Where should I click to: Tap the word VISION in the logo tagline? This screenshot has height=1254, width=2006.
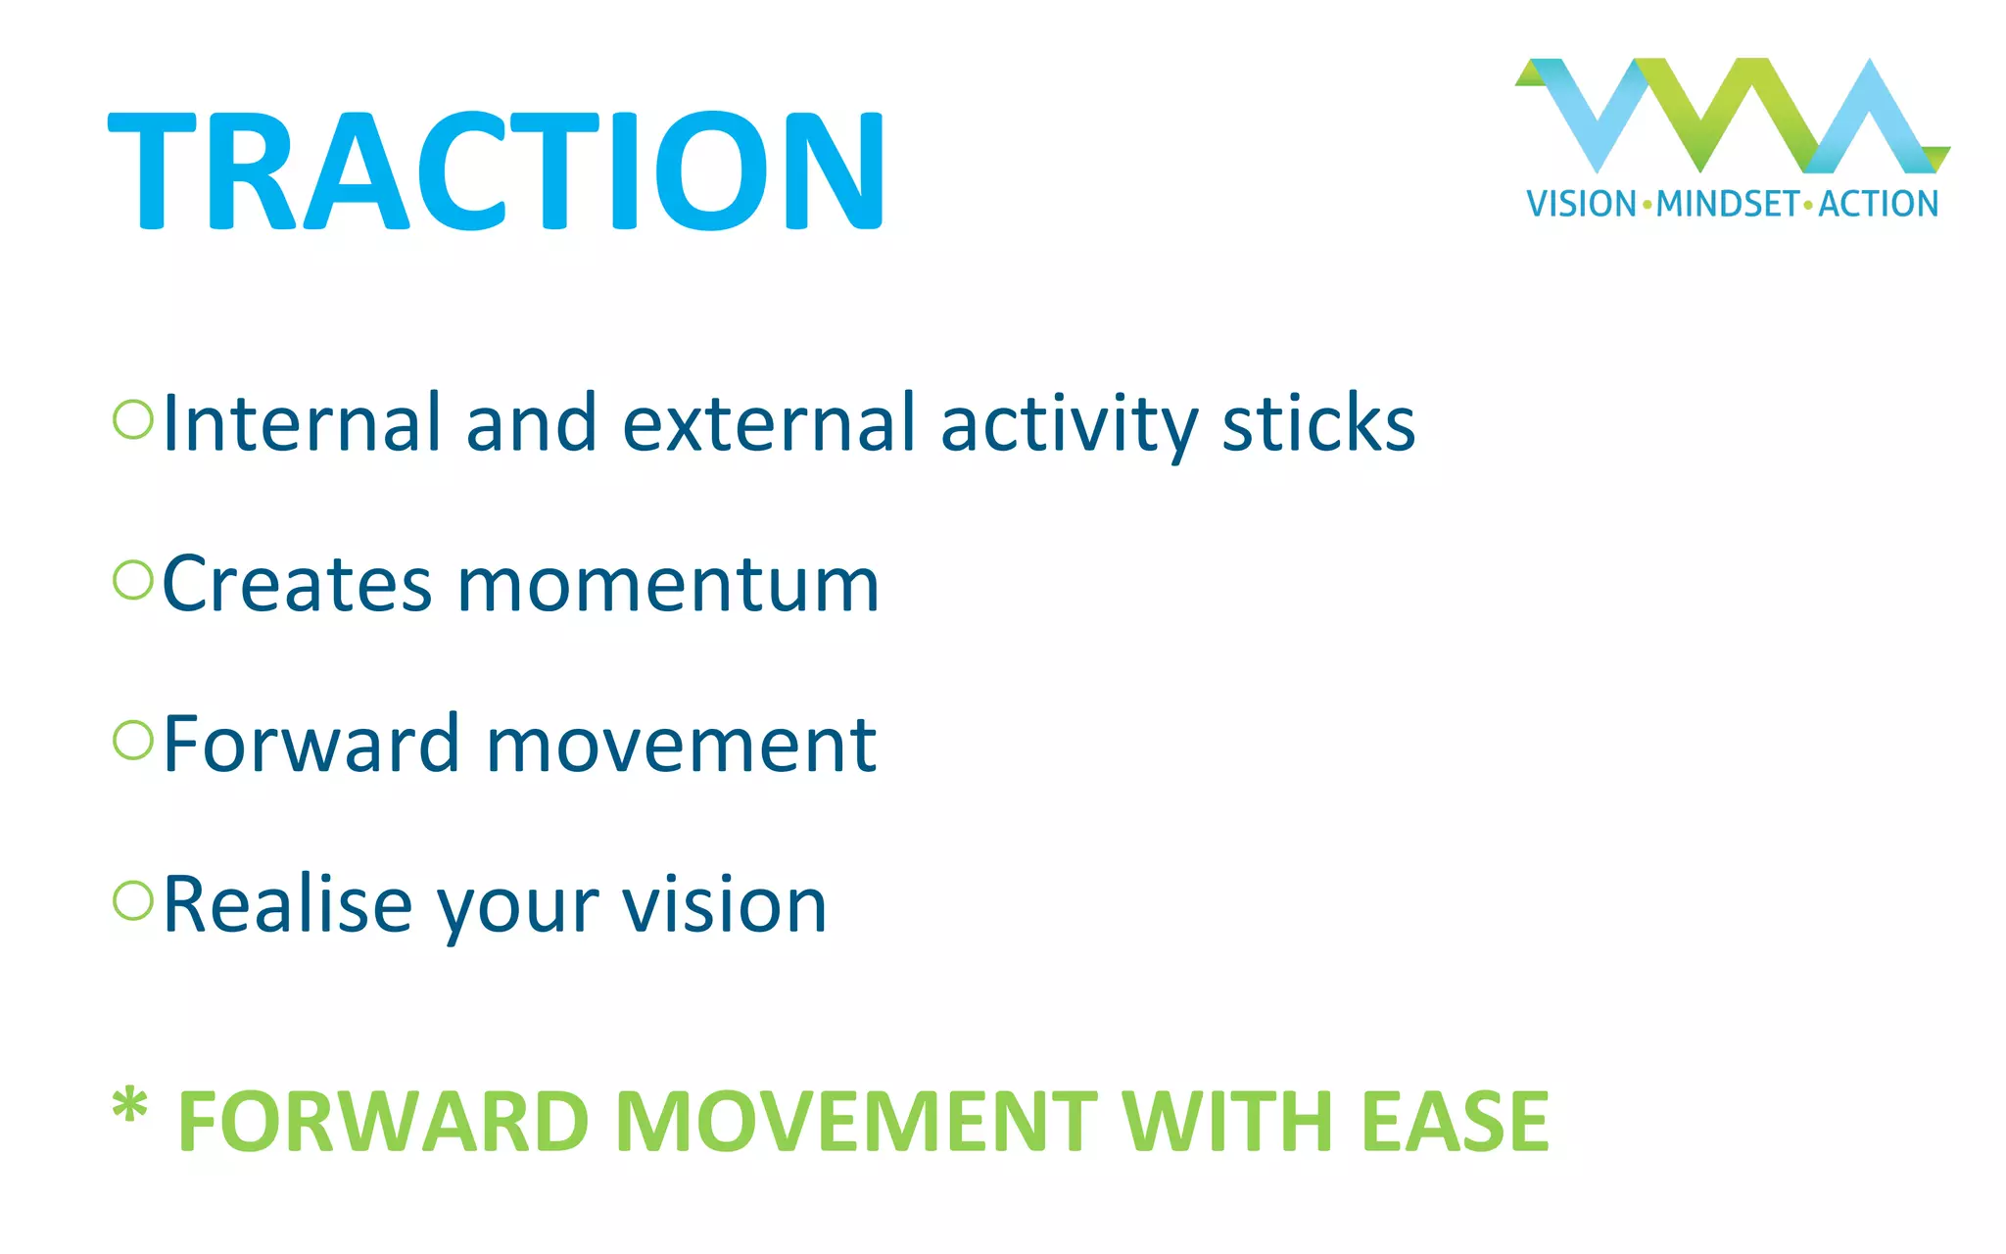click(1581, 204)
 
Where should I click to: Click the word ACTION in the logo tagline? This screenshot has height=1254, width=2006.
click(1879, 204)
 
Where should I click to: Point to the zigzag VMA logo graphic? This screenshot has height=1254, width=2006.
click(1732, 116)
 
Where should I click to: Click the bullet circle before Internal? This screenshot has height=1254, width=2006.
click(133, 419)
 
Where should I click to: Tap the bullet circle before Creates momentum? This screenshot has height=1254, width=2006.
click(133, 580)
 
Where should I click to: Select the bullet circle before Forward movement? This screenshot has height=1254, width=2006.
click(133, 741)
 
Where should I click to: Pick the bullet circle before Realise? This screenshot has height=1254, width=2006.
click(133, 900)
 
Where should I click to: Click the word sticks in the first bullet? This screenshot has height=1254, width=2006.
click(1318, 423)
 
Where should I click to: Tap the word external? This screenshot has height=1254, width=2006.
click(768, 423)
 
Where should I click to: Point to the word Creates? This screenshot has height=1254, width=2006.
click(297, 585)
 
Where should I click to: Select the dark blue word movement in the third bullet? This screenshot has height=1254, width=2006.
click(681, 746)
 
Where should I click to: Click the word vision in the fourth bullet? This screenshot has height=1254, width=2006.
click(725, 905)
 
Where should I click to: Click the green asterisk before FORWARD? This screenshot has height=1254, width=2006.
click(129, 1107)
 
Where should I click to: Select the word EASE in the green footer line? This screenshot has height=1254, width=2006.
click(1455, 1122)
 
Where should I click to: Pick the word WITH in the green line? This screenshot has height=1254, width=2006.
click(1228, 1122)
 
